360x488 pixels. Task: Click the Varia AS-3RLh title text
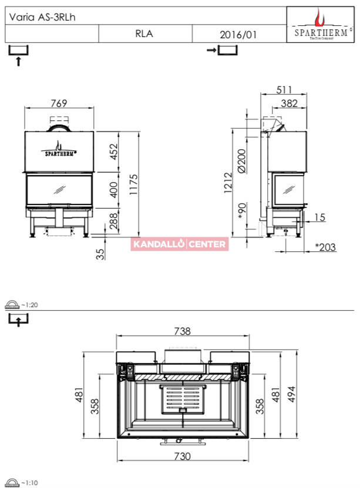[x=42, y=17]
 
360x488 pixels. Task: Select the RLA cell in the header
[x=144, y=33]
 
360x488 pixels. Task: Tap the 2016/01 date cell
[x=238, y=34]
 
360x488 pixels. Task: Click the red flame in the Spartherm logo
[x=319, y=18]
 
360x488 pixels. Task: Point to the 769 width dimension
[x=59, y=103]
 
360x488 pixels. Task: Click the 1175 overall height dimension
[x=133, y=184]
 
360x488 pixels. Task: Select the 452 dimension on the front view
[x=114, y=152]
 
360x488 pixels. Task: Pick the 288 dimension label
[x=114, y=221]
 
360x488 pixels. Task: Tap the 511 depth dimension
[x=284, y=90]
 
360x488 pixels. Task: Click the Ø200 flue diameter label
[x=241, y=160]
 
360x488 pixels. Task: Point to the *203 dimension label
[x=325, y=247]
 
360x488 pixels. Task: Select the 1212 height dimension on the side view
[x=228, y=183]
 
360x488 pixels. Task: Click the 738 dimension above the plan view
[x=182, y=331]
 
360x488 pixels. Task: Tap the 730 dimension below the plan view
[x=182, y=456]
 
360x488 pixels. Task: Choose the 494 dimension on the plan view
[x=291, y=394]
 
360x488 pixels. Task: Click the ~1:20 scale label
[x=29, y=305]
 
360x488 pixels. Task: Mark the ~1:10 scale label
[x=29, y=483]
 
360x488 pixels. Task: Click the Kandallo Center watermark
[x=180, y=244]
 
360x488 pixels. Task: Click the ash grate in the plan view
[x=183, y=399]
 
